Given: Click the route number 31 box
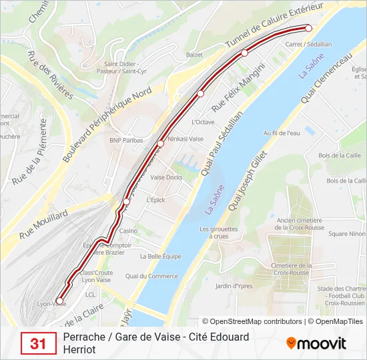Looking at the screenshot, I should coord(38,343).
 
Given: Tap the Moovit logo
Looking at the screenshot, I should coord(316,343).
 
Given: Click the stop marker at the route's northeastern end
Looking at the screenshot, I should coord(308,27).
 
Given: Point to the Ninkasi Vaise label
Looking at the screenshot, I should coord(186,139).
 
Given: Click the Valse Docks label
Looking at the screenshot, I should coord(166,177).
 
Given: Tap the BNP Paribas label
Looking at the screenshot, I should coord(126,140).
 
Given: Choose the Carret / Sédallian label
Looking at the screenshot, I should coord(308,44).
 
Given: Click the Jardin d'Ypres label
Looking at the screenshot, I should coord(232,286).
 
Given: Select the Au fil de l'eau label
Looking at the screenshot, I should coord(282,133).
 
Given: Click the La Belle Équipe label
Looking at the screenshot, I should coord(160,256).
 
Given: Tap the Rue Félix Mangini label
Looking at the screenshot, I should coord(238,87).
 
